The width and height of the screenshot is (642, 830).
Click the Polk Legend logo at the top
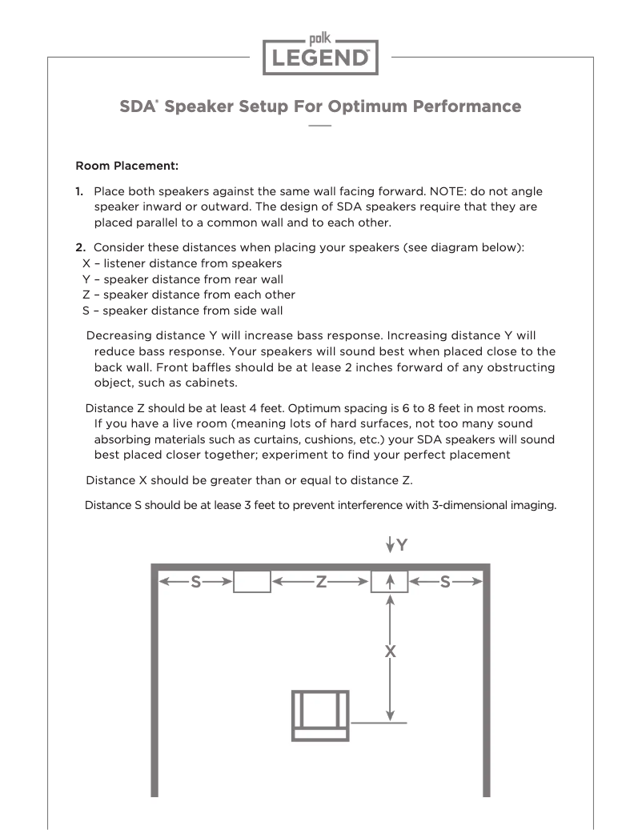tap(320, 54)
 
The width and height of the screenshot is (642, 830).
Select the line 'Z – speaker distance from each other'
tap(188, 295)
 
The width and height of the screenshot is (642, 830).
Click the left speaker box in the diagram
tap(251, 582)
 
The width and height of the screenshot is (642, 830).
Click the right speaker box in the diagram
tap(389, 582)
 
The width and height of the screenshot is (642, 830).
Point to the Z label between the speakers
tap(320, 582)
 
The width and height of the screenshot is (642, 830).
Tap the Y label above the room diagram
tap(403, 545)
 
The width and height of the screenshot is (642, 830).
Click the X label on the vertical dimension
tap(390, 652)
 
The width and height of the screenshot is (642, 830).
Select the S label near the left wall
tap(195, 582)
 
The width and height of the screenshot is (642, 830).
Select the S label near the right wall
tap(446, 582)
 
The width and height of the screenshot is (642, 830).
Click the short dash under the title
tap(320, 126)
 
